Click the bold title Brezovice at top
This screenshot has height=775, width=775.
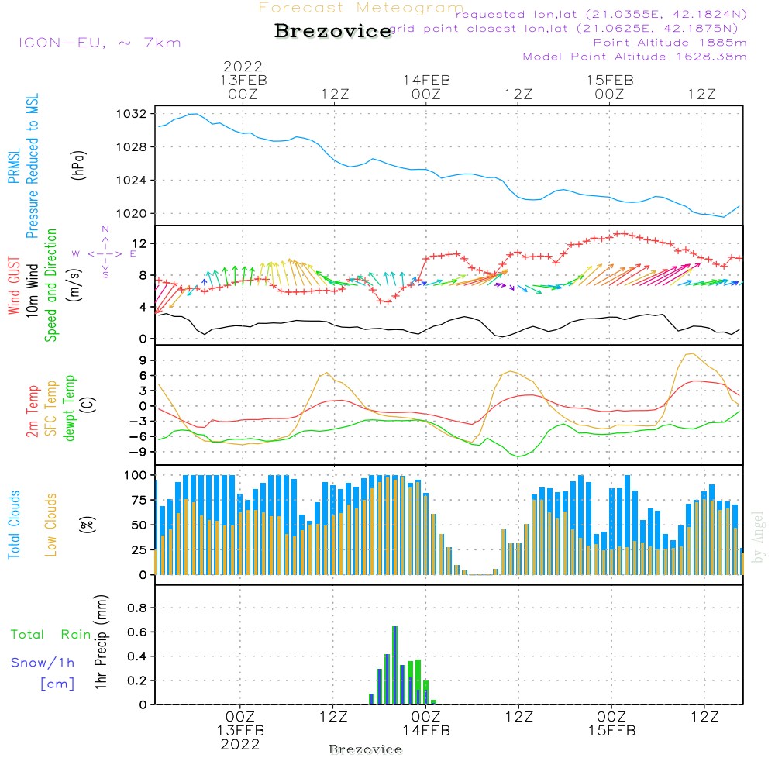(333, 32)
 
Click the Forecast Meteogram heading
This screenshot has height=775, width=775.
(361, 8)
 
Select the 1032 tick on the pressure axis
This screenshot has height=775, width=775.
(131, 114)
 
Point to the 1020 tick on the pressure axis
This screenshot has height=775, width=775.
(131, 214)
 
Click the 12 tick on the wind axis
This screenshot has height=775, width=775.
(137, 244)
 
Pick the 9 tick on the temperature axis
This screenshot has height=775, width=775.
(143, 360)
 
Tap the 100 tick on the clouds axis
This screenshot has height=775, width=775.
(136, 474)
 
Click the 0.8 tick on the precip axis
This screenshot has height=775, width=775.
(136, 608)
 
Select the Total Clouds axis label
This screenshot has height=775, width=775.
(14, 525)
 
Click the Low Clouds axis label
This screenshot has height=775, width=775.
(51, 525)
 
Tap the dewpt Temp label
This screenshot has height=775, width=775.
(70, 408)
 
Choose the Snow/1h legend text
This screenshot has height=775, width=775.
(43, 663)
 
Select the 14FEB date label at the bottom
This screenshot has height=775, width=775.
(425, 731)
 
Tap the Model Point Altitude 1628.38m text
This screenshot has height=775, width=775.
(635, 57)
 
